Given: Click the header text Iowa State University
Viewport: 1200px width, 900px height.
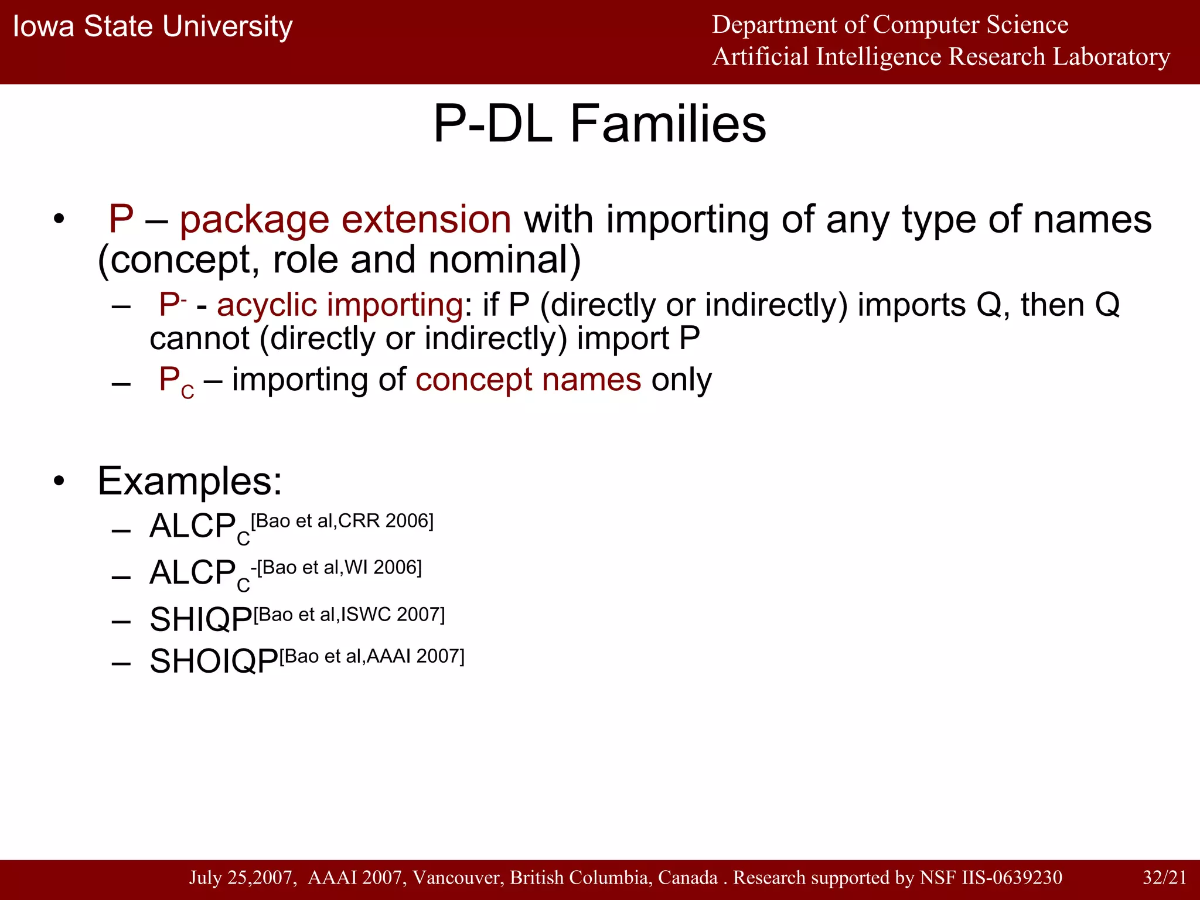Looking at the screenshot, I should pos(152,27).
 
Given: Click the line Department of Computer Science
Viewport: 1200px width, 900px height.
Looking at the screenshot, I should pos(889,25).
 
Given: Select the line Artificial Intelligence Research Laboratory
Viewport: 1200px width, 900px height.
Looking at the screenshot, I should pos(940,57).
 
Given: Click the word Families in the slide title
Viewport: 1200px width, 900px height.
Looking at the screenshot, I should pos(667,124).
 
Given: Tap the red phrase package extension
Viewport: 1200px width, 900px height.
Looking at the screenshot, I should pos(345,220).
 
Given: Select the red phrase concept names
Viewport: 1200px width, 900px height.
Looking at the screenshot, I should pos(528,380).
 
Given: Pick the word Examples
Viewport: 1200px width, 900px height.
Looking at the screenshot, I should pos(189,481).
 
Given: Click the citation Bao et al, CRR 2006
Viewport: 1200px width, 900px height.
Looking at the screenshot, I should pos(342,521).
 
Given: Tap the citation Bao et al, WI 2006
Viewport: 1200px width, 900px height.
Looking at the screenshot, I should pos(339,567).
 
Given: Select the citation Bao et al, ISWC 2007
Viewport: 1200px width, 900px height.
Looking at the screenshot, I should pos(349,615).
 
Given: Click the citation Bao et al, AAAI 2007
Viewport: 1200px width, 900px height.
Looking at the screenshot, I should pos(371,656).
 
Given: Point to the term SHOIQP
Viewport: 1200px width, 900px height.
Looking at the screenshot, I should pos(213,662).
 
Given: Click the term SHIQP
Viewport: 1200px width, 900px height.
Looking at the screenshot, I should pos(200,619).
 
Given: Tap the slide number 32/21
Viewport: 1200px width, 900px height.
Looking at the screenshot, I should pos(1164,877).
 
